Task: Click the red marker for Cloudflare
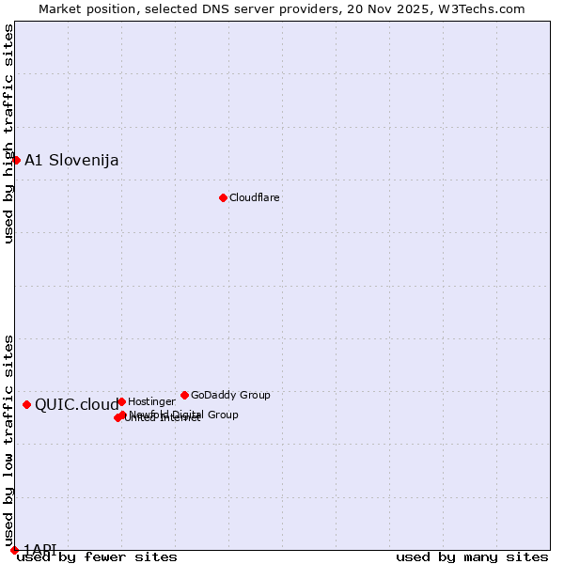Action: pos(223,197)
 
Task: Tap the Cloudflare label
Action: pos(254,197)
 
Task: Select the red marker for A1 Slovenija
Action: pos(16,160)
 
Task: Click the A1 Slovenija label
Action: pos(71,160)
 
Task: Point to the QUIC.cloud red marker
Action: pos(26,404)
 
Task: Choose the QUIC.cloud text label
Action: pos(77,405)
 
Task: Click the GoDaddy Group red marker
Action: pos(184,395)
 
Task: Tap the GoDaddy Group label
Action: pos(230,395)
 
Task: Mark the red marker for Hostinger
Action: pos(121,401)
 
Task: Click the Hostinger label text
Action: pos(151,401)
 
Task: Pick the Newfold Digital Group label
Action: pos(184,414)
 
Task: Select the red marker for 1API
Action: pos(14,550)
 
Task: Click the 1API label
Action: pos(40,549)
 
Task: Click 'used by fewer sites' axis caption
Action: pos(97,557)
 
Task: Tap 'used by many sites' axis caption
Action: pos(472,557)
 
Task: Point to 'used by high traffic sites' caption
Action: pos(9,133)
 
